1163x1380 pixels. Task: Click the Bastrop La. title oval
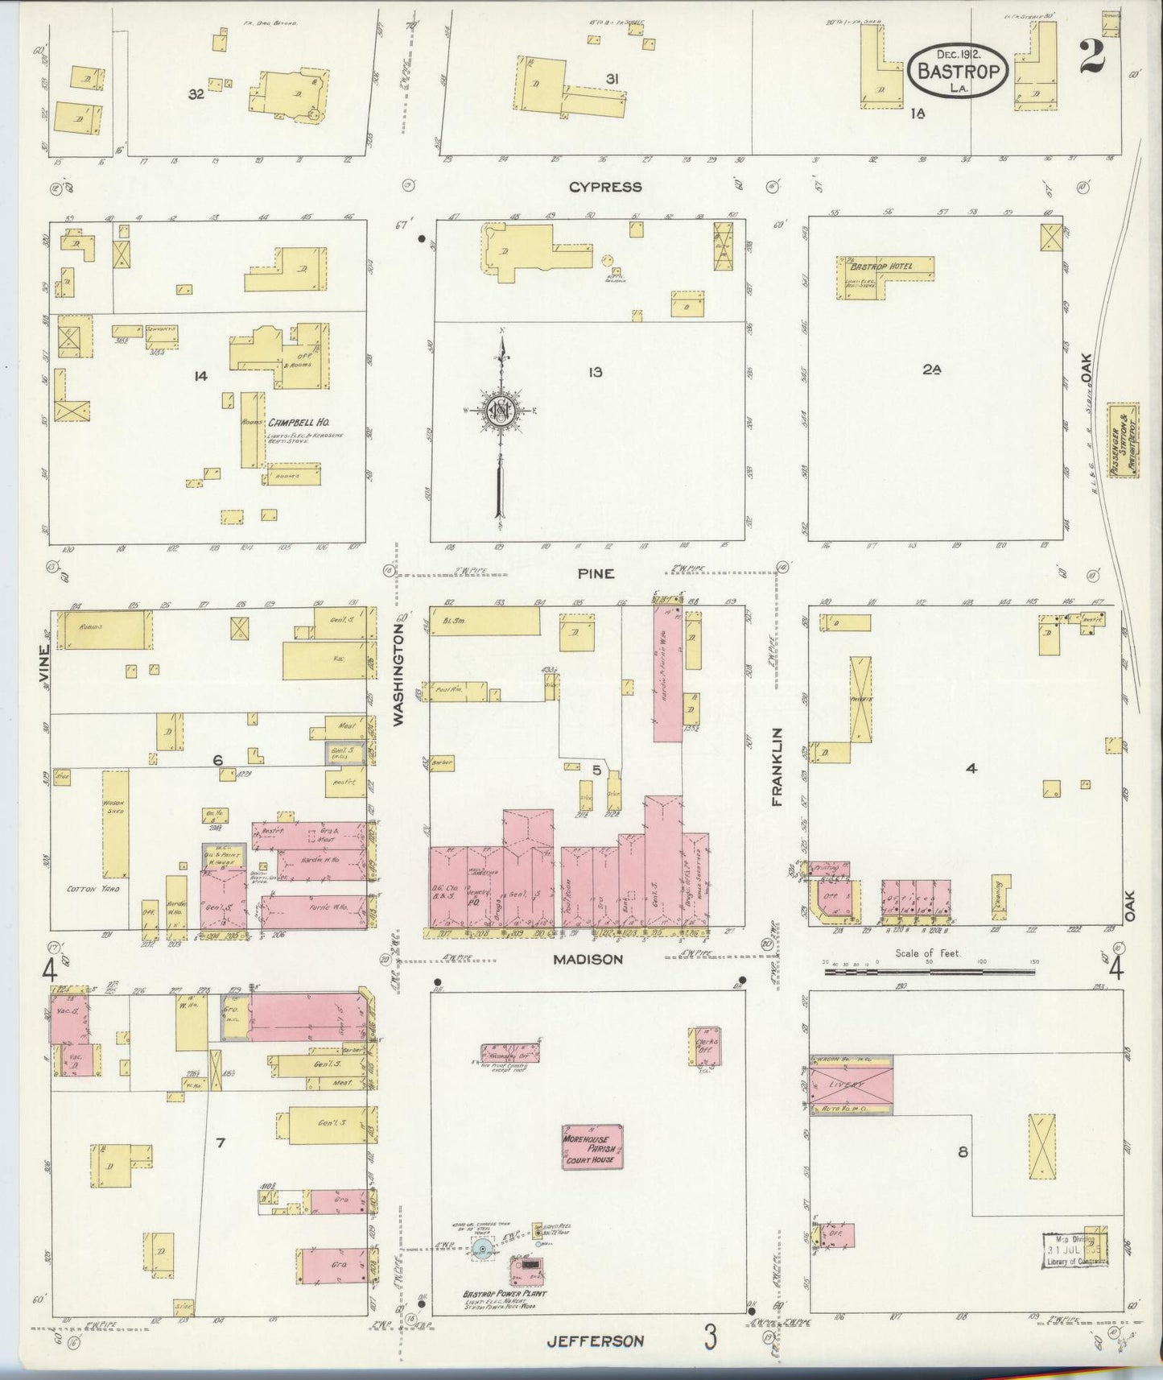click(958, 71)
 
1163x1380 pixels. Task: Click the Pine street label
click(596, 573)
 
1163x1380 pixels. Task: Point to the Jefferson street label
click(596, 1341)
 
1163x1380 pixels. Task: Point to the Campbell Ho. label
click(299, 422)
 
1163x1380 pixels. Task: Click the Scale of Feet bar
click(930, 972)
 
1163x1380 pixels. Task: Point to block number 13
click(595, 372)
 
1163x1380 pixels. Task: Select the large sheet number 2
click(1094, 56)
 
